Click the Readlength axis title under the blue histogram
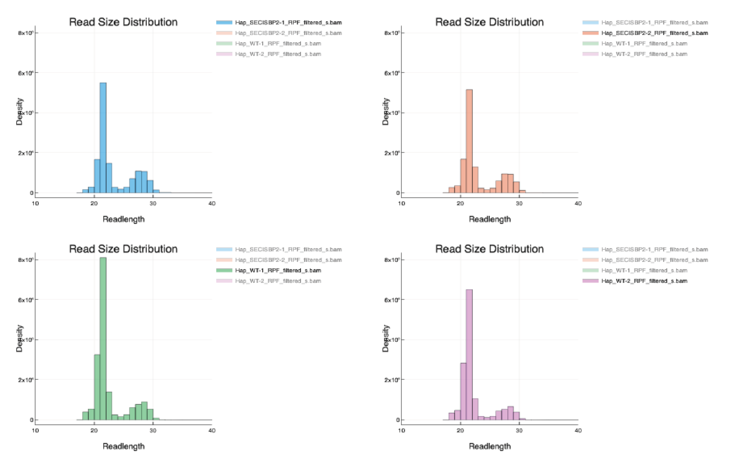tap(123, 219)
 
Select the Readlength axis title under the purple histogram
tap(490, 446)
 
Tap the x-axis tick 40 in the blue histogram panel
tap(212, 203)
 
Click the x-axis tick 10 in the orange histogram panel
tap(401, 203)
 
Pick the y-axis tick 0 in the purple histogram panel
tap(398, 420)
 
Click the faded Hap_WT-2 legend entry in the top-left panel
tap(278, 54)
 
